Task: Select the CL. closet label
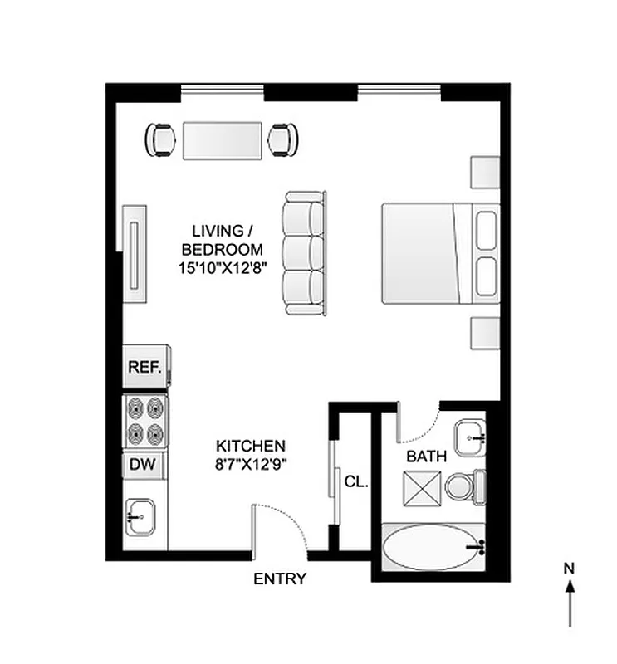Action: coord(355,481)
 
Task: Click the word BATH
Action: coord(426,456)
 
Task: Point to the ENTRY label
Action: coord(280,579)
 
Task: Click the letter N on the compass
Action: coord(569,569)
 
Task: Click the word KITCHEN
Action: coord(251,446)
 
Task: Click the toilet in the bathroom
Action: coord(463,486)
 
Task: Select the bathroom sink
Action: coord(469,434)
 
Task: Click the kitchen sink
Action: coord(143,520)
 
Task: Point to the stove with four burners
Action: coord(145,420)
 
